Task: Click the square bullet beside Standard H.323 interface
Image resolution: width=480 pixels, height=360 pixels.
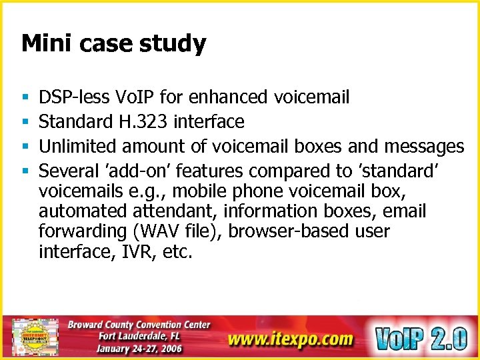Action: (x=24, y=122)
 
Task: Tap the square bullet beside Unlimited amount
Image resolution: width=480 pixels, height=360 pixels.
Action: (x=24, y=145)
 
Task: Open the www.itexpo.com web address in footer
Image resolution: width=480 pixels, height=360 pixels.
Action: (x=290, y=339)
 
